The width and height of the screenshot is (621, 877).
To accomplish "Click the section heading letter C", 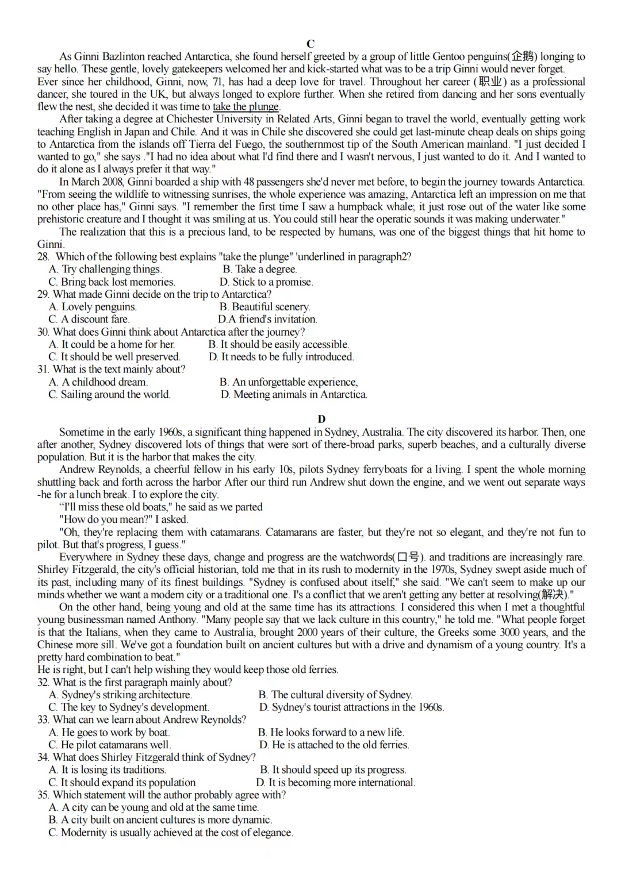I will [x=310, y=44].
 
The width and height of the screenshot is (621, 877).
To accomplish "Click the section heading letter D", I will [x=321, y=419].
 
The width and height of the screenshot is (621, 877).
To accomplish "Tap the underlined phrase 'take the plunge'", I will [x=246, y=106].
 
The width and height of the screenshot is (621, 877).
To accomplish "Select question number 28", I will [x=44, y=256].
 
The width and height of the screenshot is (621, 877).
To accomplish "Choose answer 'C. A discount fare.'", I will [x=89, y=319].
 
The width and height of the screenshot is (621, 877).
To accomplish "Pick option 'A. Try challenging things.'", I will [x=105, y=269].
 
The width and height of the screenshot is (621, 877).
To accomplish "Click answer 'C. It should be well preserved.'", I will [x=114, y=356].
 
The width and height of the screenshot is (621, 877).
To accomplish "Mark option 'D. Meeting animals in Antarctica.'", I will [x=294, y=394].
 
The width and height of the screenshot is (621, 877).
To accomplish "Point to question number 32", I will [x=44, y=682].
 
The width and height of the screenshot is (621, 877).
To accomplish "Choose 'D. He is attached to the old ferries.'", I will [x=333, y=745].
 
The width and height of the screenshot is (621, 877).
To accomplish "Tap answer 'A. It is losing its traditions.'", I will [x=108, y=770].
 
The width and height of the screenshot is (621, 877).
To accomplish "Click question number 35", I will [x=44, y=795].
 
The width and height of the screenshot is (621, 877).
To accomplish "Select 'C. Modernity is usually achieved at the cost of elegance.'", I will [x=171, y=832].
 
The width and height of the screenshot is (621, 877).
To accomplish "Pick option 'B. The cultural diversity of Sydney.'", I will [x=335, y=694].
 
